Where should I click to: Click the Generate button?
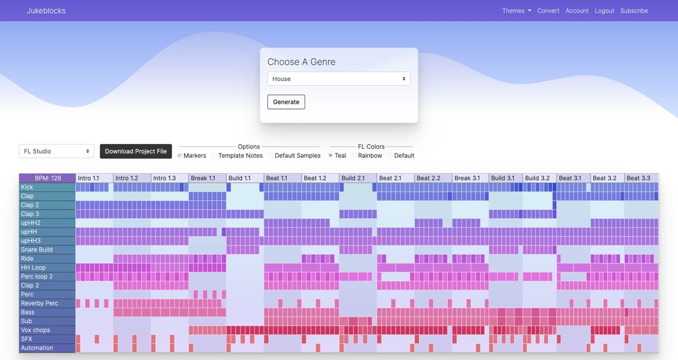coord(286,102)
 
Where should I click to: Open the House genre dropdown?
coord(338,79)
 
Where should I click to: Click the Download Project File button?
coord(136,151)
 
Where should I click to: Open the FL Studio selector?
coord(57,151)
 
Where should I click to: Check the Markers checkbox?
coord(180,156)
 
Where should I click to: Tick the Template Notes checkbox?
coord(215,156)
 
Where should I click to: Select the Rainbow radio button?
coord(354,156)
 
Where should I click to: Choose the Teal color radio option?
coord(331,156)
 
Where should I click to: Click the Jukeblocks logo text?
coord(46,11)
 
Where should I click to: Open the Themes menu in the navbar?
coord(516,11)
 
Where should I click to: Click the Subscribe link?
coord(634,11)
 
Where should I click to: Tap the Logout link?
coord(604,11)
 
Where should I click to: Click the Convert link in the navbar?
coord(548,11)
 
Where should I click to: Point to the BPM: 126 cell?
coord(48,178)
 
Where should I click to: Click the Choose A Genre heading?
coord(301,62)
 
